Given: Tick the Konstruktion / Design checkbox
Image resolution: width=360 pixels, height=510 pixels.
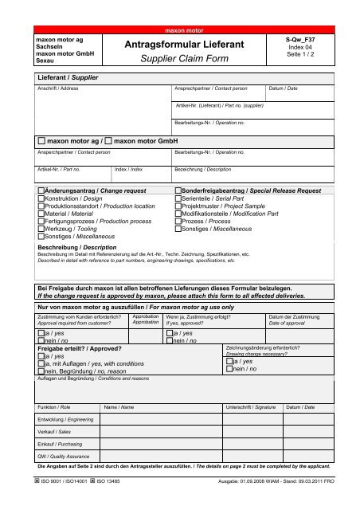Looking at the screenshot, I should tap(41, 199).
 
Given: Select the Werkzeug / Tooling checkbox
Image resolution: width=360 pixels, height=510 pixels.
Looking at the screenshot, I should tap(41, 229).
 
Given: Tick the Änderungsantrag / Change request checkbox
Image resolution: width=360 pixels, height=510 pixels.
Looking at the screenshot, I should tap(41, 191).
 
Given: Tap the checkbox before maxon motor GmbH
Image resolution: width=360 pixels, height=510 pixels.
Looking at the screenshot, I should tap(109, 140).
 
